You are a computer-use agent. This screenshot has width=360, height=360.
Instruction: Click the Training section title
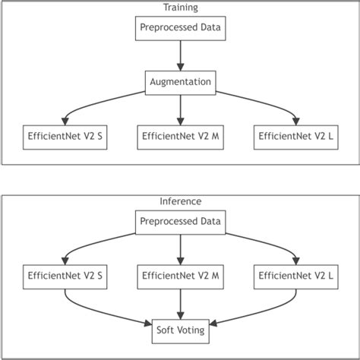(180, 8)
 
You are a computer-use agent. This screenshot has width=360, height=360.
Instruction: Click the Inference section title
(180, 203)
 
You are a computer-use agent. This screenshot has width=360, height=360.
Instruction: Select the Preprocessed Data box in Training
(180, 29)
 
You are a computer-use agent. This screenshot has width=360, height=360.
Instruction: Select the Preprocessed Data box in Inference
(180, 223)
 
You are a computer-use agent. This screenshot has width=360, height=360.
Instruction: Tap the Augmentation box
(180, 82)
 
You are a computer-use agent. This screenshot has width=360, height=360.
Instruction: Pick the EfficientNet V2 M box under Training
(180, 137)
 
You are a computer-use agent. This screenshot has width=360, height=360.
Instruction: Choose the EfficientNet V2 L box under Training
(297, 137)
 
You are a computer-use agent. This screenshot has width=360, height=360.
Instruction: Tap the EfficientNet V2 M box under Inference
(180, 276)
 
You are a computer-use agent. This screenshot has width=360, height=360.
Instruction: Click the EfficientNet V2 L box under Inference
(297, 276)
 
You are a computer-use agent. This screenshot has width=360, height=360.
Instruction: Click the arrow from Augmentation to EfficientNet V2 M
(180, 109)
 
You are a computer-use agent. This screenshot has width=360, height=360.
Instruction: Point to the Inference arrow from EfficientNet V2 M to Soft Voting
(180, 304)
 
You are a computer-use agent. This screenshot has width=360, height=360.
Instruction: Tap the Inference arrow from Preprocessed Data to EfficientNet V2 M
(180, 249)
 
